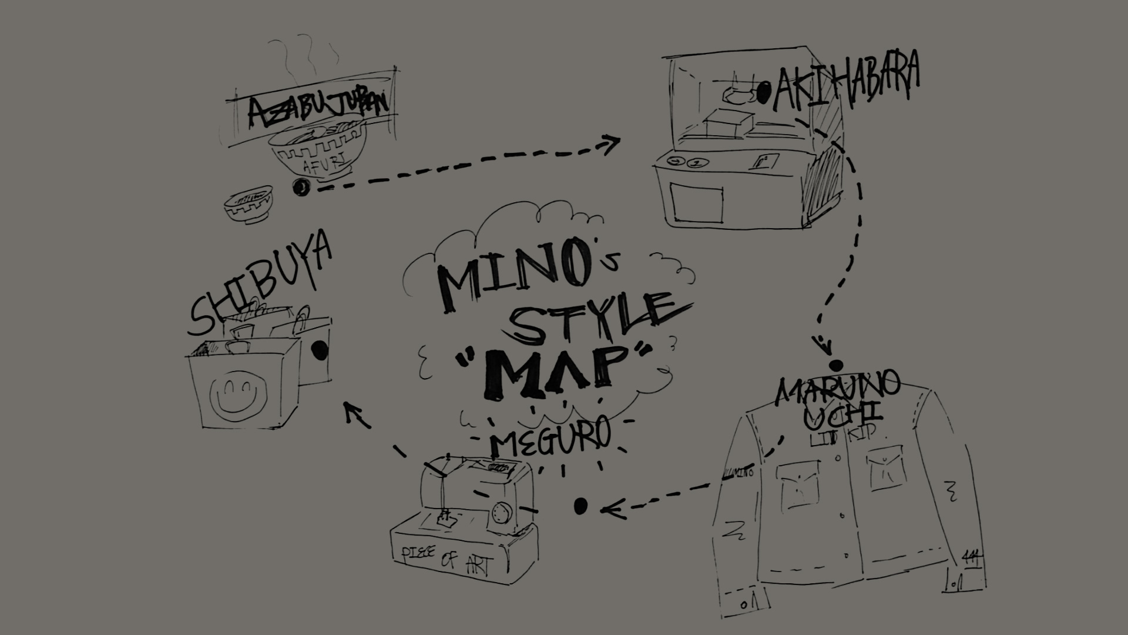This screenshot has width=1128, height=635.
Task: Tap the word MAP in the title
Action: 555,370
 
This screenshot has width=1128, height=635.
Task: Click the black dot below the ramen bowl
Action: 301,187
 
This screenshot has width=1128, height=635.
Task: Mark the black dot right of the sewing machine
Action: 580,505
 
